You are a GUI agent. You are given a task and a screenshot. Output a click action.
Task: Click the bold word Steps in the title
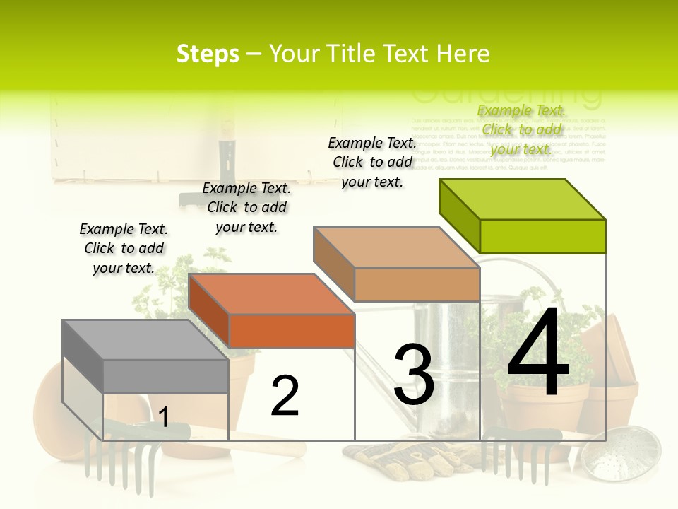coord(208,54)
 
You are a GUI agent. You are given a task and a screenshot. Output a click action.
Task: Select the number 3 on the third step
coord(414,375)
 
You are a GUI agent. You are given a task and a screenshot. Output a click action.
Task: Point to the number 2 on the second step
coord(285,396)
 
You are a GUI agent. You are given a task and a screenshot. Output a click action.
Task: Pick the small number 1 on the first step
coord(163,418)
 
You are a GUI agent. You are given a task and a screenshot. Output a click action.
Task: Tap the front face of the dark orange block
coord(292,331)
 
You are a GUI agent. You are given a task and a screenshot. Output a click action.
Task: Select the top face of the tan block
coord(395,247)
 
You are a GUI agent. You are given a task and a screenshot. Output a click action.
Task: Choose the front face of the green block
coord(542,236)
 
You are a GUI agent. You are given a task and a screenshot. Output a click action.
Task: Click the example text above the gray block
coord(124,248)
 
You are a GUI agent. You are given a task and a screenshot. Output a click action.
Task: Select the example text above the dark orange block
coord(246,207)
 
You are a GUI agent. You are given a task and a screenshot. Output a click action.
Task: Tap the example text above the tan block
coord(372,162)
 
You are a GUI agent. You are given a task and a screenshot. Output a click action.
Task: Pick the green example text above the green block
coord(521,129)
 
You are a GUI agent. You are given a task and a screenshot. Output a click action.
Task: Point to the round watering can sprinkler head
coord(621,452)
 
